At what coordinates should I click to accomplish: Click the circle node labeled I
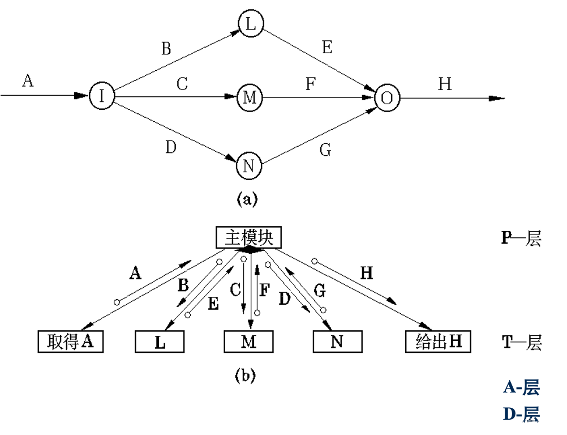(x=102, y=96)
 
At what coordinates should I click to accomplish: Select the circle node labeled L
(x=250, y=23)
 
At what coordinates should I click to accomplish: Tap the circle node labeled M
(x=250, y=97)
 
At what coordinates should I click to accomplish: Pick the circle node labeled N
(x=248, y=165)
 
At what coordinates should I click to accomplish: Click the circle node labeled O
(x=387, y=98)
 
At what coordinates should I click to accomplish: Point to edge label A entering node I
(x=28, y=81)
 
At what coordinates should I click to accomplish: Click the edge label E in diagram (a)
(x=327, y=48)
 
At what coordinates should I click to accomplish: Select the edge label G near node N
(x=325, y=150)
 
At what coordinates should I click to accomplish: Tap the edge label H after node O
(x=445, y=84)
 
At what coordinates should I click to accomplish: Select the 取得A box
(x=71, y=342)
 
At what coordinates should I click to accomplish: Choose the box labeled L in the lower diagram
(x=160, y=342)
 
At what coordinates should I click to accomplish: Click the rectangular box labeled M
(x=248, y=342)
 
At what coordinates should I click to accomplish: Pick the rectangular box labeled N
(x=337, y=342)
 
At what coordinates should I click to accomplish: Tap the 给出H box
(x=438, y=342)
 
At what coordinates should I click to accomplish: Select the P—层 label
(x=521, y=238)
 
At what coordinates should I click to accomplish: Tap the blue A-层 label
(x=521, y=387)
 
